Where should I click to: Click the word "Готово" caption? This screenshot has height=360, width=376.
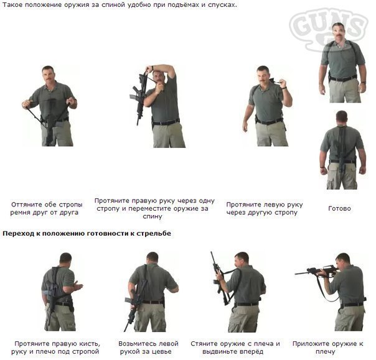pyautogui.click(x=339, y=208)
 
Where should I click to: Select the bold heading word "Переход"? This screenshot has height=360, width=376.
pyautogui.click(x=19, y=233)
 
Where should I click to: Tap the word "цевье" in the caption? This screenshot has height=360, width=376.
pyautogui.click(x=162, y=352)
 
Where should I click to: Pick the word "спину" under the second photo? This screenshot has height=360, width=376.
pyautogui.click(x=153, y=216)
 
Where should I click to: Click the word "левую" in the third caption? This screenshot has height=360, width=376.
pyautogui.click(x=271, y=205)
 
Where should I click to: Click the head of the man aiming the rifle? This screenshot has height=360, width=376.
pyautogui.click(x=343, y=261)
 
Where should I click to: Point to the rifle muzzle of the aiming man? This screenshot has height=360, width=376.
pyautogui.click(x=296, y=274)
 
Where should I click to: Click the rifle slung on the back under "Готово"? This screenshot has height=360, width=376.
pyautogui.click(x=342, y=149)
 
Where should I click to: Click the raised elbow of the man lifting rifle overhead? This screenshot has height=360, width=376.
pyautogui.click(x=172, y=72)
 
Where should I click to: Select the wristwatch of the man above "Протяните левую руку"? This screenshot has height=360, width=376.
pyautogui.click(x=284, y=88)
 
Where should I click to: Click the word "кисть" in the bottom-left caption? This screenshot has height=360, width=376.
pyautogui.click(x=90, y=344)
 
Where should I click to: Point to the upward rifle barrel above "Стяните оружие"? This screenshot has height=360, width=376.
pyautogui.click(x=213, y=258)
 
